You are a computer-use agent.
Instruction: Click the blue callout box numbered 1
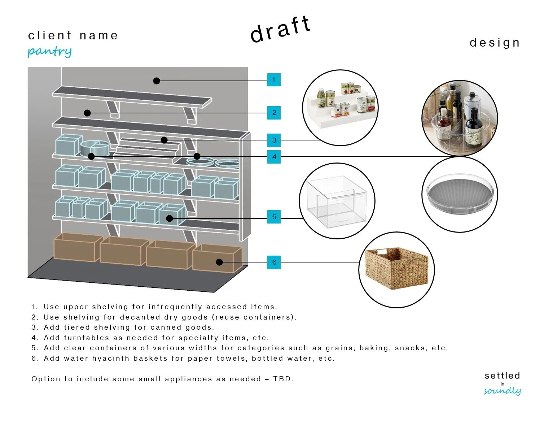(x=274, y=80)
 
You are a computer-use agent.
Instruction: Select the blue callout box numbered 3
(x=274, y=140)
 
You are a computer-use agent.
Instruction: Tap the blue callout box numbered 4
(x=274, y=157)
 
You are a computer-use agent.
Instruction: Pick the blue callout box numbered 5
(x=274, y=217)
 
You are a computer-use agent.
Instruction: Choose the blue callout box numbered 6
(x=274, y=262)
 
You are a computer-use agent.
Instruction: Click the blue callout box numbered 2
(x=274, y=113)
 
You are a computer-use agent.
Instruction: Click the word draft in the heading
(x=280, y=30)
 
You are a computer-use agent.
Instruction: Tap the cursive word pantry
(x=50, y=52)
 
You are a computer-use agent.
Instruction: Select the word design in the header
(x=495, y=43)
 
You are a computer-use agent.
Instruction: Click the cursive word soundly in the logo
(x=502, y=391)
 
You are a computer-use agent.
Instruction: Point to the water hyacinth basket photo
(x=396, y=269)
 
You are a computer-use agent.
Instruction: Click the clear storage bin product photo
(x=337, y=201)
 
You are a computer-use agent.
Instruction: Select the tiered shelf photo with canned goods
(x=341, y=108)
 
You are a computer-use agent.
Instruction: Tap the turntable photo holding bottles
(x=460, y=118)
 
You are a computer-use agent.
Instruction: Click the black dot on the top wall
(x=157, y=81)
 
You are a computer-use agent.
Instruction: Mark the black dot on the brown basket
(x=219, y=262)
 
